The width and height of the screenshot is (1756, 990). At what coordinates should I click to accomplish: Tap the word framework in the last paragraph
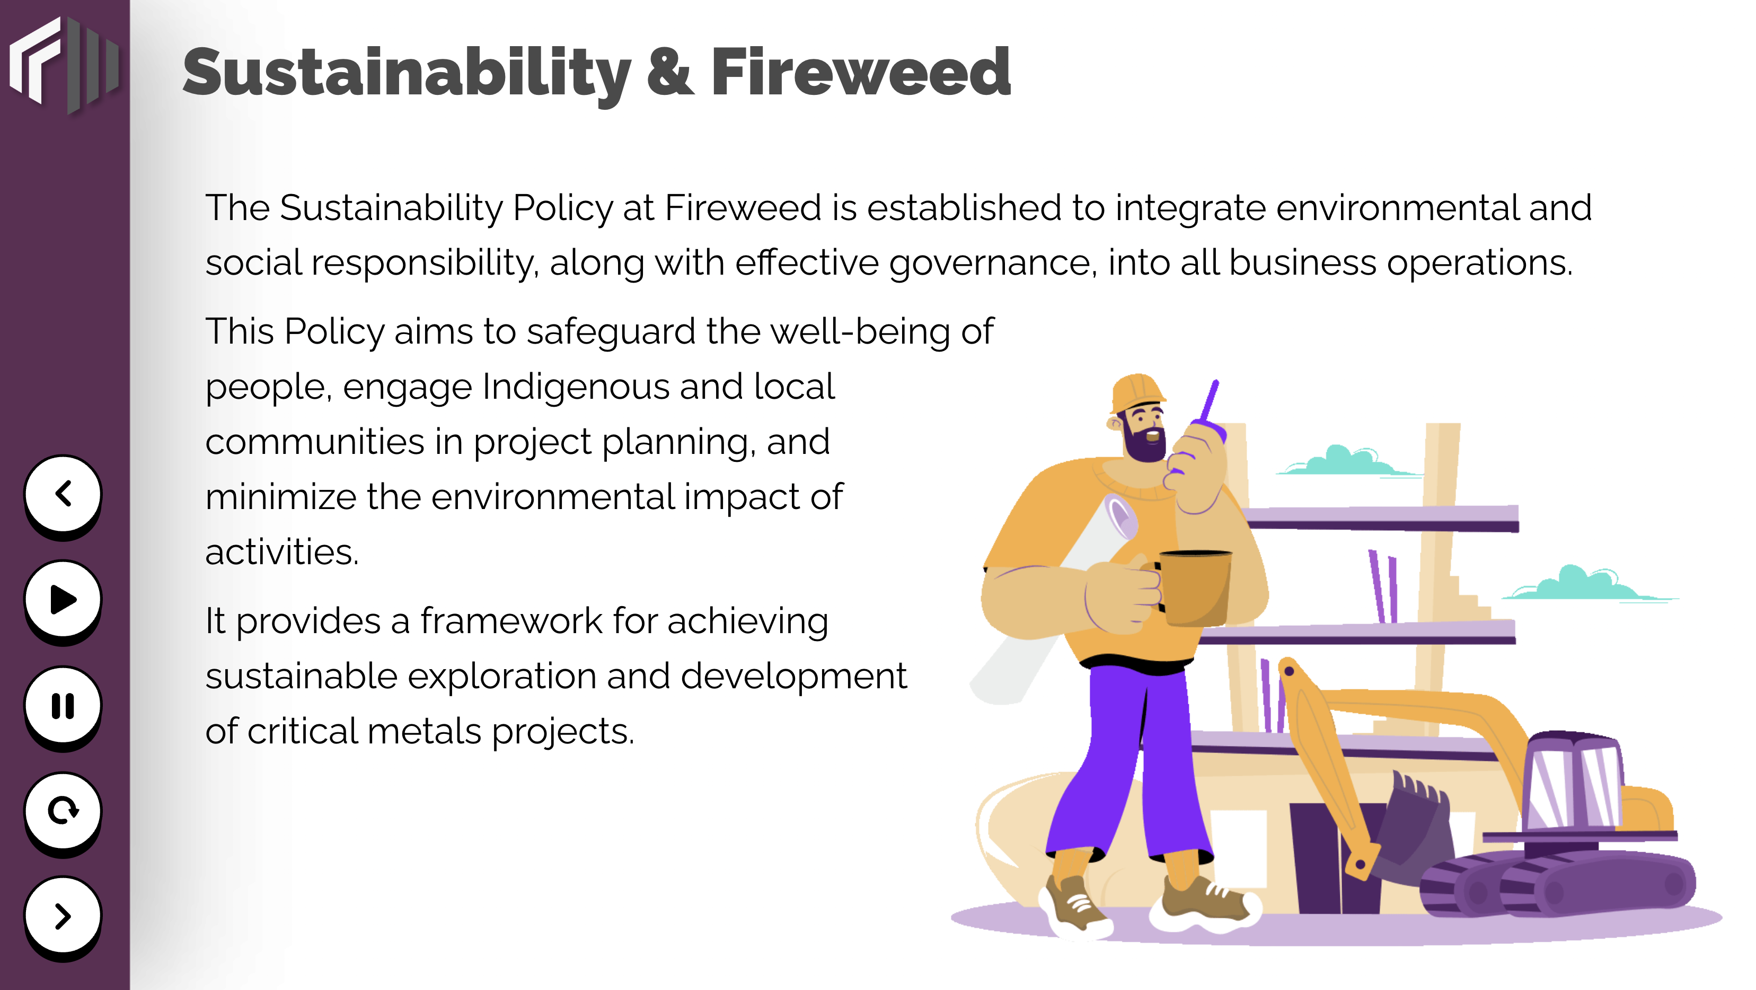(x=511, y=621)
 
